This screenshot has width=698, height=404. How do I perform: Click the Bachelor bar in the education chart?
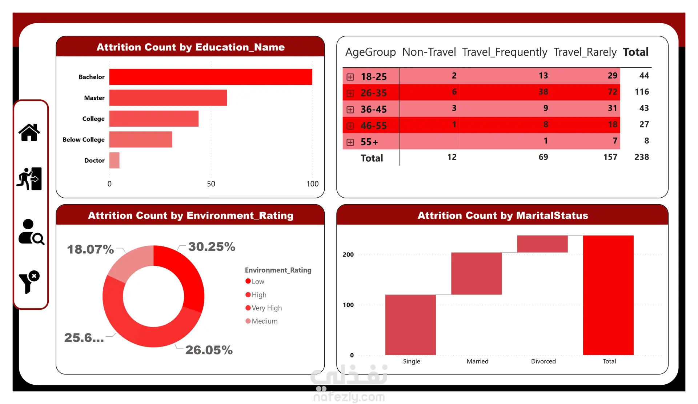click(210, 77)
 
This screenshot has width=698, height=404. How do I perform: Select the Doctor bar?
click(114, 160)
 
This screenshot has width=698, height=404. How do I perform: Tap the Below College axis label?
click(84, 139)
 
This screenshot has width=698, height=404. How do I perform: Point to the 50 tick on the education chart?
click(211, 184)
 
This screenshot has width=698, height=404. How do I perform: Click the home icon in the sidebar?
click(29, 132)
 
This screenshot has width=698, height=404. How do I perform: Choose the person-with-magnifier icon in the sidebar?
click(31, 232)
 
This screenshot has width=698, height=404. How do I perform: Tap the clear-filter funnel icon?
click(29, 282)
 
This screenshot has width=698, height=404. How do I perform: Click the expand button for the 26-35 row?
click(350, 93)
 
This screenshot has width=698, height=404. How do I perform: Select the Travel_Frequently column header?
click(504, 52)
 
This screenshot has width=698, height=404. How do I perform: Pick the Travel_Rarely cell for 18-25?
click(612, 75)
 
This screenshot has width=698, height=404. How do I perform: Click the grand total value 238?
click(642, 157)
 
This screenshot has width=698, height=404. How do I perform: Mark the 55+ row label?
click(369, 142)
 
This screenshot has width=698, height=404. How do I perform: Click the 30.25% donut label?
click(212, 247)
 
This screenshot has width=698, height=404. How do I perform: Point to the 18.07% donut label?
click(91, 249)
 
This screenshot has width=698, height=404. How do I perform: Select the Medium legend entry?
click(261, 321)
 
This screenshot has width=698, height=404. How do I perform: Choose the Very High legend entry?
click(264, 308)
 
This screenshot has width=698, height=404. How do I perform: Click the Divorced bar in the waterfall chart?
click(542, 244)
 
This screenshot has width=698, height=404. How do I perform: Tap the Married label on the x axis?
click(477, 361)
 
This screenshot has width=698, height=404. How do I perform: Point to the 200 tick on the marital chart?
click(348, 254)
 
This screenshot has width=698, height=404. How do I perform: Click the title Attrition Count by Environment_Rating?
click(190, 215)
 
